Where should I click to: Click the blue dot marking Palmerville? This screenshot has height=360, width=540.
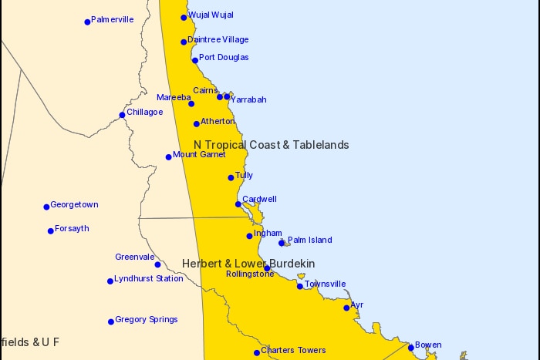pos(87,22)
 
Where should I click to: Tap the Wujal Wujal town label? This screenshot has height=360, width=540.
pos(211,15)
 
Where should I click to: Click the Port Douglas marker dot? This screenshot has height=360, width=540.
pos(195,59)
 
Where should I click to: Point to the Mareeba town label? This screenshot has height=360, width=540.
pos(174,97)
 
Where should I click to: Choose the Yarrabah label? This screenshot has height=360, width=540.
pos(248,99)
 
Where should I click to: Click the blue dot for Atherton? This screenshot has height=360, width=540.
pos(197,123)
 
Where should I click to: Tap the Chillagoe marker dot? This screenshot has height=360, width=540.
pos(122,115)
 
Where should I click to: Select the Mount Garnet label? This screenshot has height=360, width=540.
pos(199,154)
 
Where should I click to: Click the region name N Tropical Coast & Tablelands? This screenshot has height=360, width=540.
pos(271,145)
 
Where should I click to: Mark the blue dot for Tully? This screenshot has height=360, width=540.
pos(231,178)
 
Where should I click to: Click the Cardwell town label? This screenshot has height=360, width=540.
pos(259,199)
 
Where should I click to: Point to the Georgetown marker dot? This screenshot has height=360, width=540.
pos(46,207)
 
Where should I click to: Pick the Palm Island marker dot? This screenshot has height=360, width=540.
pos(282,243)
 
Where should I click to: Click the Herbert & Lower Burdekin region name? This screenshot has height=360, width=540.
pos(248,264)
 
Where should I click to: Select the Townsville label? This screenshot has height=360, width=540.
pos(325,284)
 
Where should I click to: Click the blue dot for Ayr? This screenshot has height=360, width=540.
pos(346,308)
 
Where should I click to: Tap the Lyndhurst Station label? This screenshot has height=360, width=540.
pos(149,278)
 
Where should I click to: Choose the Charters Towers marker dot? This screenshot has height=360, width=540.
pos(257,353)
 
